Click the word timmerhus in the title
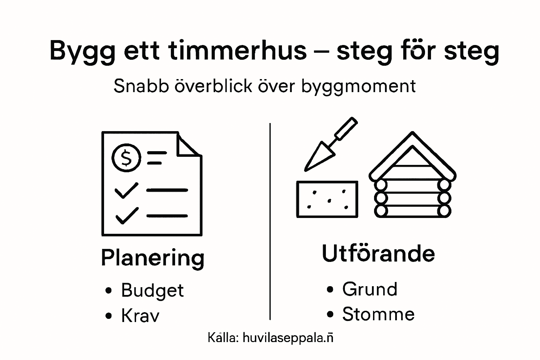coord(238,50)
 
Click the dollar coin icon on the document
coord(126,157)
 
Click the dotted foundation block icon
coord(327,199)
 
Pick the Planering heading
coord(153,258)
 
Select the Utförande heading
coord(378,253)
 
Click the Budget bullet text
coord(152,291)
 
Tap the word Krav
coord(140,315)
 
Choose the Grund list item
coord(370,289)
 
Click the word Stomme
coord(378,314)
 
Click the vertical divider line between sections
coord(270,221)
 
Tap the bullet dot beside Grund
coord(330,290)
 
